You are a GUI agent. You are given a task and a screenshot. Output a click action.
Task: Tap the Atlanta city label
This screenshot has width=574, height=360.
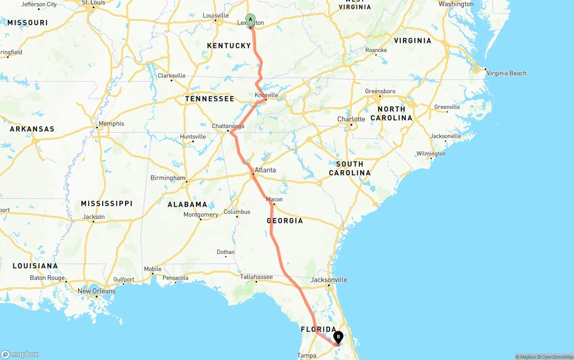tap(265, 170)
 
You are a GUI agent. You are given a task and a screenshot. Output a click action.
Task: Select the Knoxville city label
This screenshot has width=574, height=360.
tap(266, 95)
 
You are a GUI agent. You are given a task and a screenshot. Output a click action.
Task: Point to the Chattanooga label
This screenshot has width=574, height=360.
tap(228, 126)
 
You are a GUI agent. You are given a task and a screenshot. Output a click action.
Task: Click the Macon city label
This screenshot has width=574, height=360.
tap(274, 200)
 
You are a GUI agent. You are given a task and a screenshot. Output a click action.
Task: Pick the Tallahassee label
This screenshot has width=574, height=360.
tap(256, 277)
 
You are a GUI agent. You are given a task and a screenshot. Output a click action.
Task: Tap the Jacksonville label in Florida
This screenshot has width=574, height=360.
tap(329, 280)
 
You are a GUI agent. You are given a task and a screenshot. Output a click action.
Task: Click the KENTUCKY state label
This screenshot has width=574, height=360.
tap(229, 46)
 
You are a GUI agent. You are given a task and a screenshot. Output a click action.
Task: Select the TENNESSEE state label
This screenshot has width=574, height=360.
tap(209, 99)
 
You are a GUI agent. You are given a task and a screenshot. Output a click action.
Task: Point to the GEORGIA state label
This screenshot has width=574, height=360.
tap(285, 221)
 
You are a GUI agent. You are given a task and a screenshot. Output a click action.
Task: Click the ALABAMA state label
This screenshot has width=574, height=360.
tap(187, 204)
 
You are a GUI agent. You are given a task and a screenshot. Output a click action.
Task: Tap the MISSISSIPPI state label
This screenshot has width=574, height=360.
tap(107, 204)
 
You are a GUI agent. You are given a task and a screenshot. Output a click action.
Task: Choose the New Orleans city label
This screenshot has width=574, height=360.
tap(96, 291)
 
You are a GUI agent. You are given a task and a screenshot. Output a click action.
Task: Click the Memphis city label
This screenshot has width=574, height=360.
tap(111, 124)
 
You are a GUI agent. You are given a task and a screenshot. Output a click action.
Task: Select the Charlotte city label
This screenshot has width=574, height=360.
tap(351, 119)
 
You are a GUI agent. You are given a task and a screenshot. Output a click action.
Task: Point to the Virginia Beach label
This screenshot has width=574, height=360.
tap(506, 73)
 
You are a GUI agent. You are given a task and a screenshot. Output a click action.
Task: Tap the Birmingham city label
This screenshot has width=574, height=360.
tap(168, 178)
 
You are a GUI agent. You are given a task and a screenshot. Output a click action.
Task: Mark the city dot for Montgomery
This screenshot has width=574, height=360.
tap(200, 219)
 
